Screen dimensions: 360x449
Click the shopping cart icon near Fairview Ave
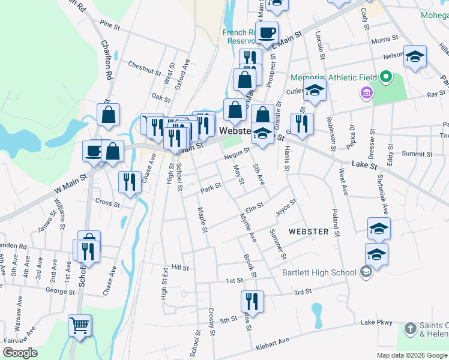point(80,326)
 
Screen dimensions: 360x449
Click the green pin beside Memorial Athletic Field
point(386,78)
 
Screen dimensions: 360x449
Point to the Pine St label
point(110,25)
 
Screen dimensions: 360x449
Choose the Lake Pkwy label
point(376,323)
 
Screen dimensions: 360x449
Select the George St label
point(59,292)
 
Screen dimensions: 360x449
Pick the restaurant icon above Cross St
point(130,182)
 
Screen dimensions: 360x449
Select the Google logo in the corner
point(20,352)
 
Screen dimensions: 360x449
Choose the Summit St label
point(413,154)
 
